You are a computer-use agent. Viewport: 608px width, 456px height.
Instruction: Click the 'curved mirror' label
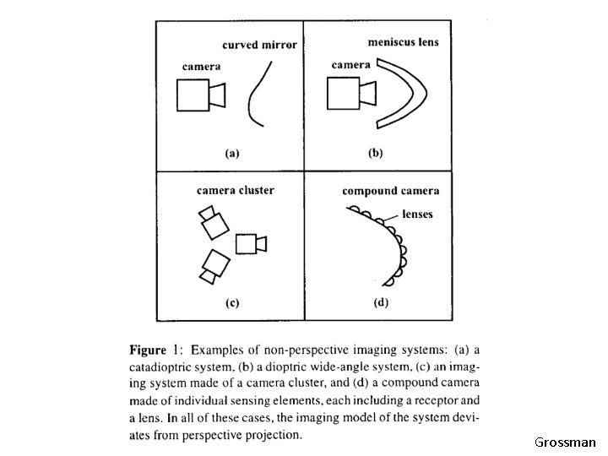259,45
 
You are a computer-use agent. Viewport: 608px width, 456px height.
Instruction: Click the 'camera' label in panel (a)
202,66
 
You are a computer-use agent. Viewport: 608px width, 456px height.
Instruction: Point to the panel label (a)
231,154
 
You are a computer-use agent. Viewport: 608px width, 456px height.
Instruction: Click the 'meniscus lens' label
404,41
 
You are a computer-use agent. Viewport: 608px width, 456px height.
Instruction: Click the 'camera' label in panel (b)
351,64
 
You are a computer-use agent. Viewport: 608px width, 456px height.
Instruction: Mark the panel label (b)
374,154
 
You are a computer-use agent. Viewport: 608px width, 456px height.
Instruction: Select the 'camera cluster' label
236,190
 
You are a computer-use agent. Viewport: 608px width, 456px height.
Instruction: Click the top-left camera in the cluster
212,221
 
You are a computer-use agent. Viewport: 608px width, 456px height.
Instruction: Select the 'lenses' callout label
417,214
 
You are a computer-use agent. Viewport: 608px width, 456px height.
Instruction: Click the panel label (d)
381,302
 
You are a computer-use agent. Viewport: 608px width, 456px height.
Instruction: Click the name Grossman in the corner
565,442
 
